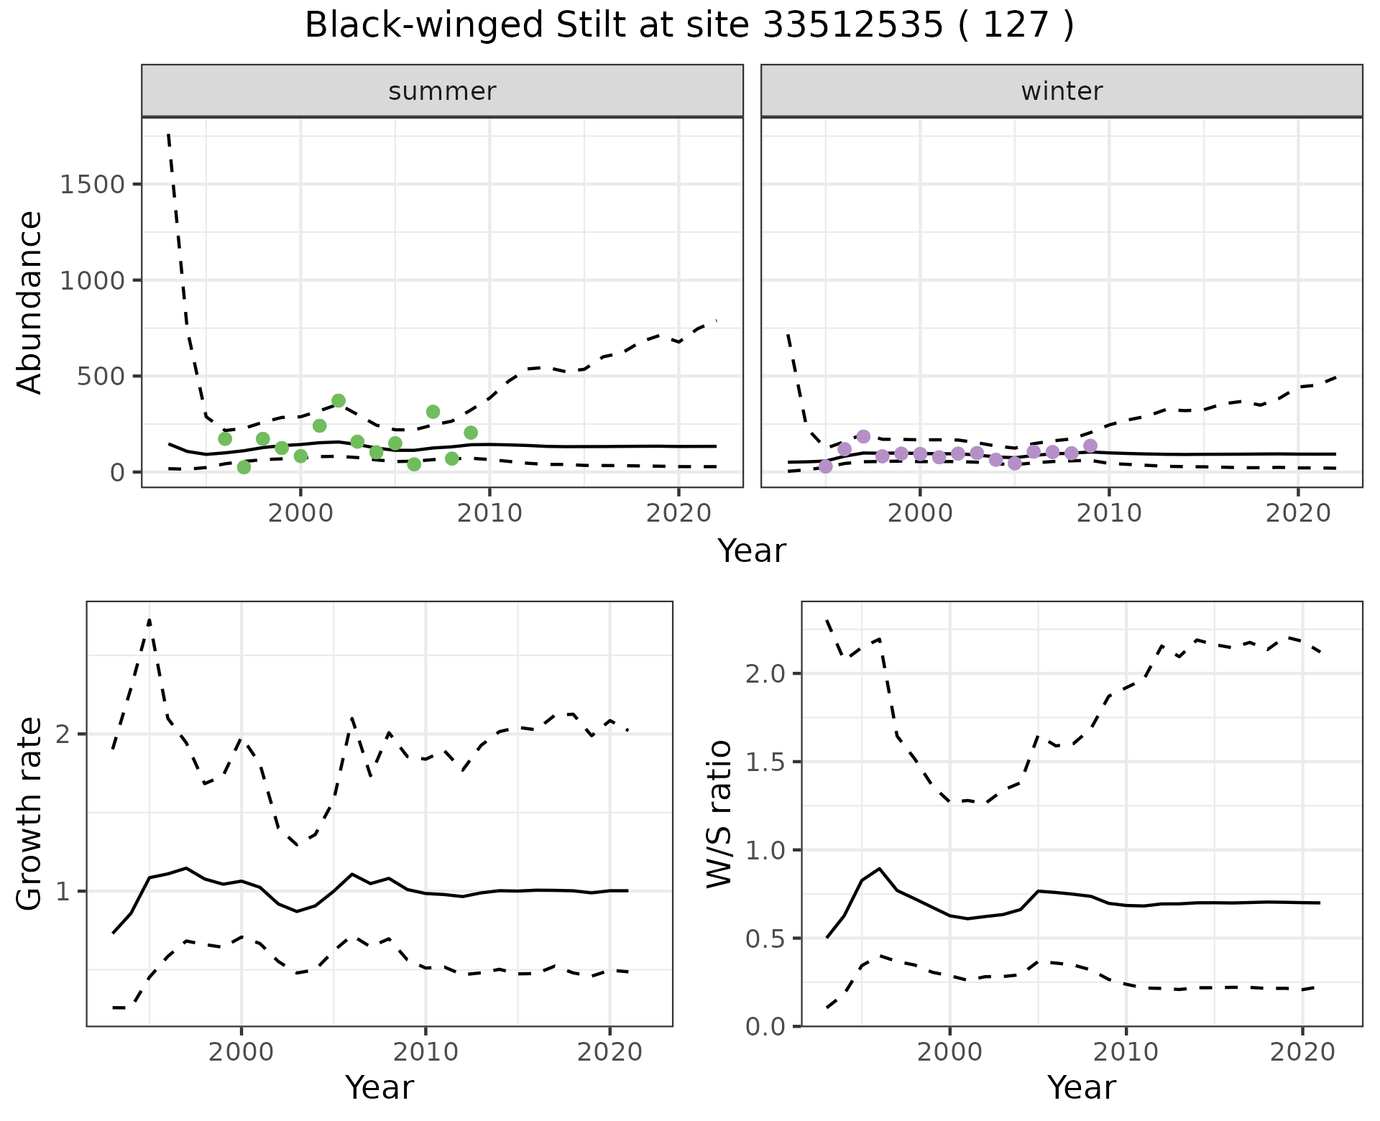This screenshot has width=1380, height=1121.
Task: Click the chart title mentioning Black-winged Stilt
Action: [689, 26]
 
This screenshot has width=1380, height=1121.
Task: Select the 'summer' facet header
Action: [442, 91]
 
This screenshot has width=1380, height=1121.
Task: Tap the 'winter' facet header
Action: [1062, 91]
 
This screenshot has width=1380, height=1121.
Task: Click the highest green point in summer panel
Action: [339, 400]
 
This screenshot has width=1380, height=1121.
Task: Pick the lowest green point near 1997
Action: [244, 467]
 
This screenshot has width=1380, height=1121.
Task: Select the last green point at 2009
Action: [471, 433]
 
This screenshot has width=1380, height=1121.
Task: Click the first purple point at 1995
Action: [826, 466]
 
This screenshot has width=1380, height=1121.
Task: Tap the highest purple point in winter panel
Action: [863, 436]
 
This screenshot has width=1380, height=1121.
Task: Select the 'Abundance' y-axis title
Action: [30, 302]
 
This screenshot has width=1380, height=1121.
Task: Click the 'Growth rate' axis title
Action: [30, 813]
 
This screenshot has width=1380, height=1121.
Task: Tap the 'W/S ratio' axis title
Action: [719, 813]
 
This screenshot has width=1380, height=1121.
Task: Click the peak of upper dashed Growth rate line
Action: [149, 619]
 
